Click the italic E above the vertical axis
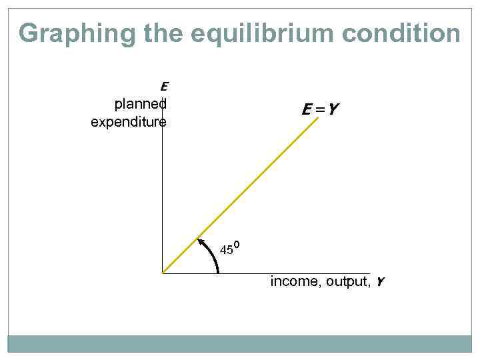coord(164,86)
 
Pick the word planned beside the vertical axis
coord(140,104)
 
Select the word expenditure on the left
coord(129,122)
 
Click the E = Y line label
coord(317,109)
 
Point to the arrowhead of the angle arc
coord(201,238)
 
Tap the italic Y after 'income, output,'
coord(380,282)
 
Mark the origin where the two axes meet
coord(163,273)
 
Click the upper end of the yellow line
coord(319,119)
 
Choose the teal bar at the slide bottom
coord(240,343)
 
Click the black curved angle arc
coord(215,257)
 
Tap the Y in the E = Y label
coord(329,109)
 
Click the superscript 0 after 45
coord(237,246)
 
